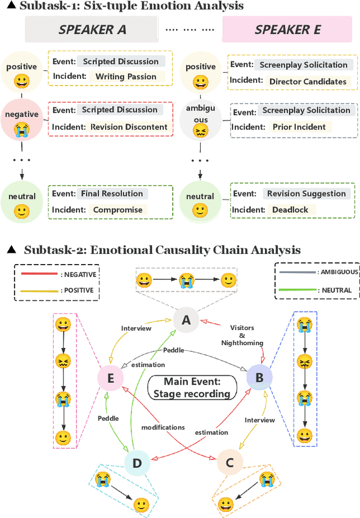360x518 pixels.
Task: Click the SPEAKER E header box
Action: pos(287,30)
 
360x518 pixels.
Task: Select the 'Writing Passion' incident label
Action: pos(126,76)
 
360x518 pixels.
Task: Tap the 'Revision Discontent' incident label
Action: pos(129,127)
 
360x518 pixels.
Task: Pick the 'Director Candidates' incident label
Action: pos(308,81)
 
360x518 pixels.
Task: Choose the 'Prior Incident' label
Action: pos(299,127)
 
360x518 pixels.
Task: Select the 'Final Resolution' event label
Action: pos(112,194)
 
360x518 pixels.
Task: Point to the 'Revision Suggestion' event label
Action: pos(306,194)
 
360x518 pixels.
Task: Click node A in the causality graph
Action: pos(185,321)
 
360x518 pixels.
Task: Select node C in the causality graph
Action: pos(229,463)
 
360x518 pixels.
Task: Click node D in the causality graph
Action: pos(137,463)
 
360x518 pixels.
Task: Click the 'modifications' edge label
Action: pos(163,427)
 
